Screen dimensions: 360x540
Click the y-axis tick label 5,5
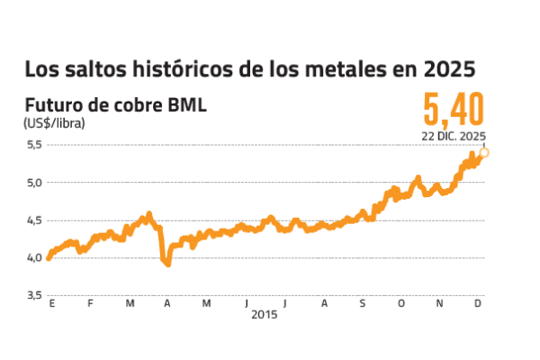tap(33, 145)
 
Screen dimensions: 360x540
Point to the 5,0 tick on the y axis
tap(33, 183)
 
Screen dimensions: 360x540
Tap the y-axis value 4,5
tap(33, 220)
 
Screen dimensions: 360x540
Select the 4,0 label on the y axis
tap(33, 258)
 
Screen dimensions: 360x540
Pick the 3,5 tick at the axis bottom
tap(33, 295)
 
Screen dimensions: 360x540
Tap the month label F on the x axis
tap(91, 303)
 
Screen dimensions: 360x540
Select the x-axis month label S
tap(362, 303)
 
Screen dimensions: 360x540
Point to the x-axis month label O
tap(400, 303)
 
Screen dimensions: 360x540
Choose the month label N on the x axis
tap(439, 303)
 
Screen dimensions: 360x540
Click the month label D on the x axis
tap(478, 303)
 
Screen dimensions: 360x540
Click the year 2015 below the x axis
tap(264, 315)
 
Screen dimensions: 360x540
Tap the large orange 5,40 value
tap(454, 109)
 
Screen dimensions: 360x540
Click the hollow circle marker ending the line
tap(485, 152)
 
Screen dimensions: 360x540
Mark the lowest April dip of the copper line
tap(167, 264)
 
